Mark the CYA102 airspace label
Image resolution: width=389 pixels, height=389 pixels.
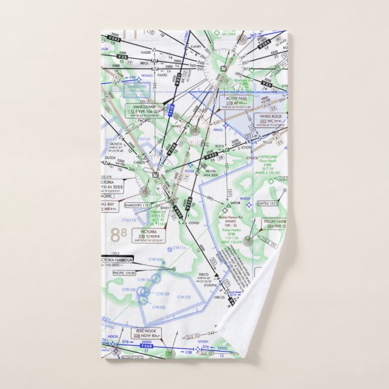pos(184,297)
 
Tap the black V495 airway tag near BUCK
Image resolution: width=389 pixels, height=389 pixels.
pos(211,156)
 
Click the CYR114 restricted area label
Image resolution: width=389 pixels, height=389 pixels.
pos(179,248)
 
